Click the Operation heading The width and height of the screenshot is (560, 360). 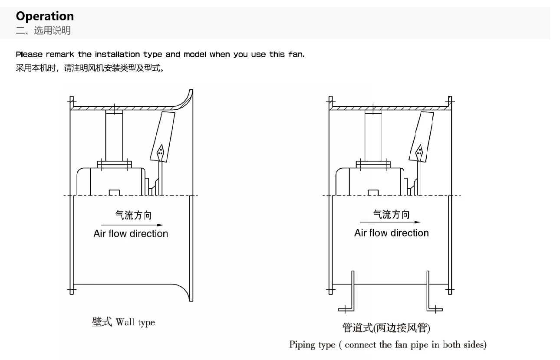point(45,16)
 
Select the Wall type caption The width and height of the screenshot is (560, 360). point(123,322)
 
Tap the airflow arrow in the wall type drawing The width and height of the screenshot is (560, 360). point(132,225)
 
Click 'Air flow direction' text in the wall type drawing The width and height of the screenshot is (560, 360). point(131,234)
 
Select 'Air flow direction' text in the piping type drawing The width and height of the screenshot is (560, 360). point(391,233)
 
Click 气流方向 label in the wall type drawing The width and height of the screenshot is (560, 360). point(133,216)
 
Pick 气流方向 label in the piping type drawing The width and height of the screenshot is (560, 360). point(391,214)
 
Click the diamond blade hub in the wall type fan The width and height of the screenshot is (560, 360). point(160,150)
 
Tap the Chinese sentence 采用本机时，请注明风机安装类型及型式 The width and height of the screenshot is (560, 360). point(90,68)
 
